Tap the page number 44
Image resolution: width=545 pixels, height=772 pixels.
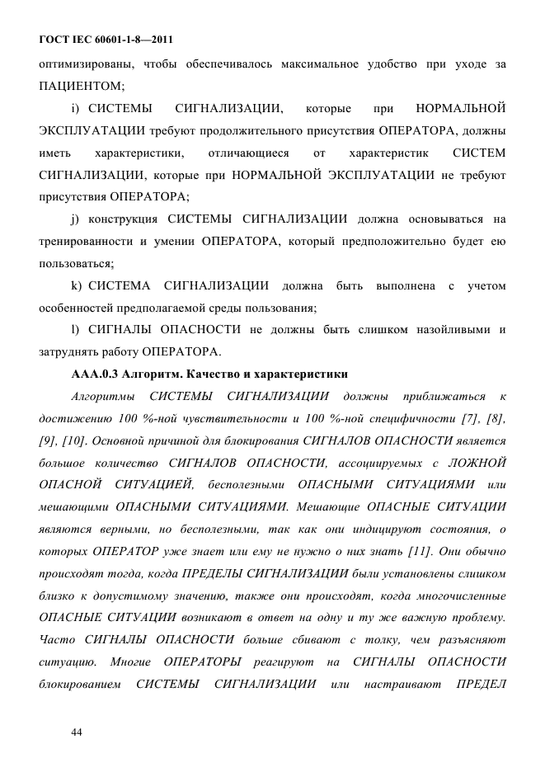pyautogui.click(x=78, y=732)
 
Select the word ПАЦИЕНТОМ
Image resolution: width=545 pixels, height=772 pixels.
pyautogui.click(x=82, y=86)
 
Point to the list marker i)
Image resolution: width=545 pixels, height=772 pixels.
pyautogui.click(x=78, y=109)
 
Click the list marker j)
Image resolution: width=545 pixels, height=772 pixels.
pyautogui.click(x=78, y=219)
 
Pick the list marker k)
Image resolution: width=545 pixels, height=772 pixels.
pyautogui.click(x=78, y=286)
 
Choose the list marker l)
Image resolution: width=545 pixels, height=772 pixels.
pyautogui.click(x=76, y=331)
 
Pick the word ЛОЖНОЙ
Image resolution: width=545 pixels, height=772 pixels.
pyautogui.click(x=478, y=462)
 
